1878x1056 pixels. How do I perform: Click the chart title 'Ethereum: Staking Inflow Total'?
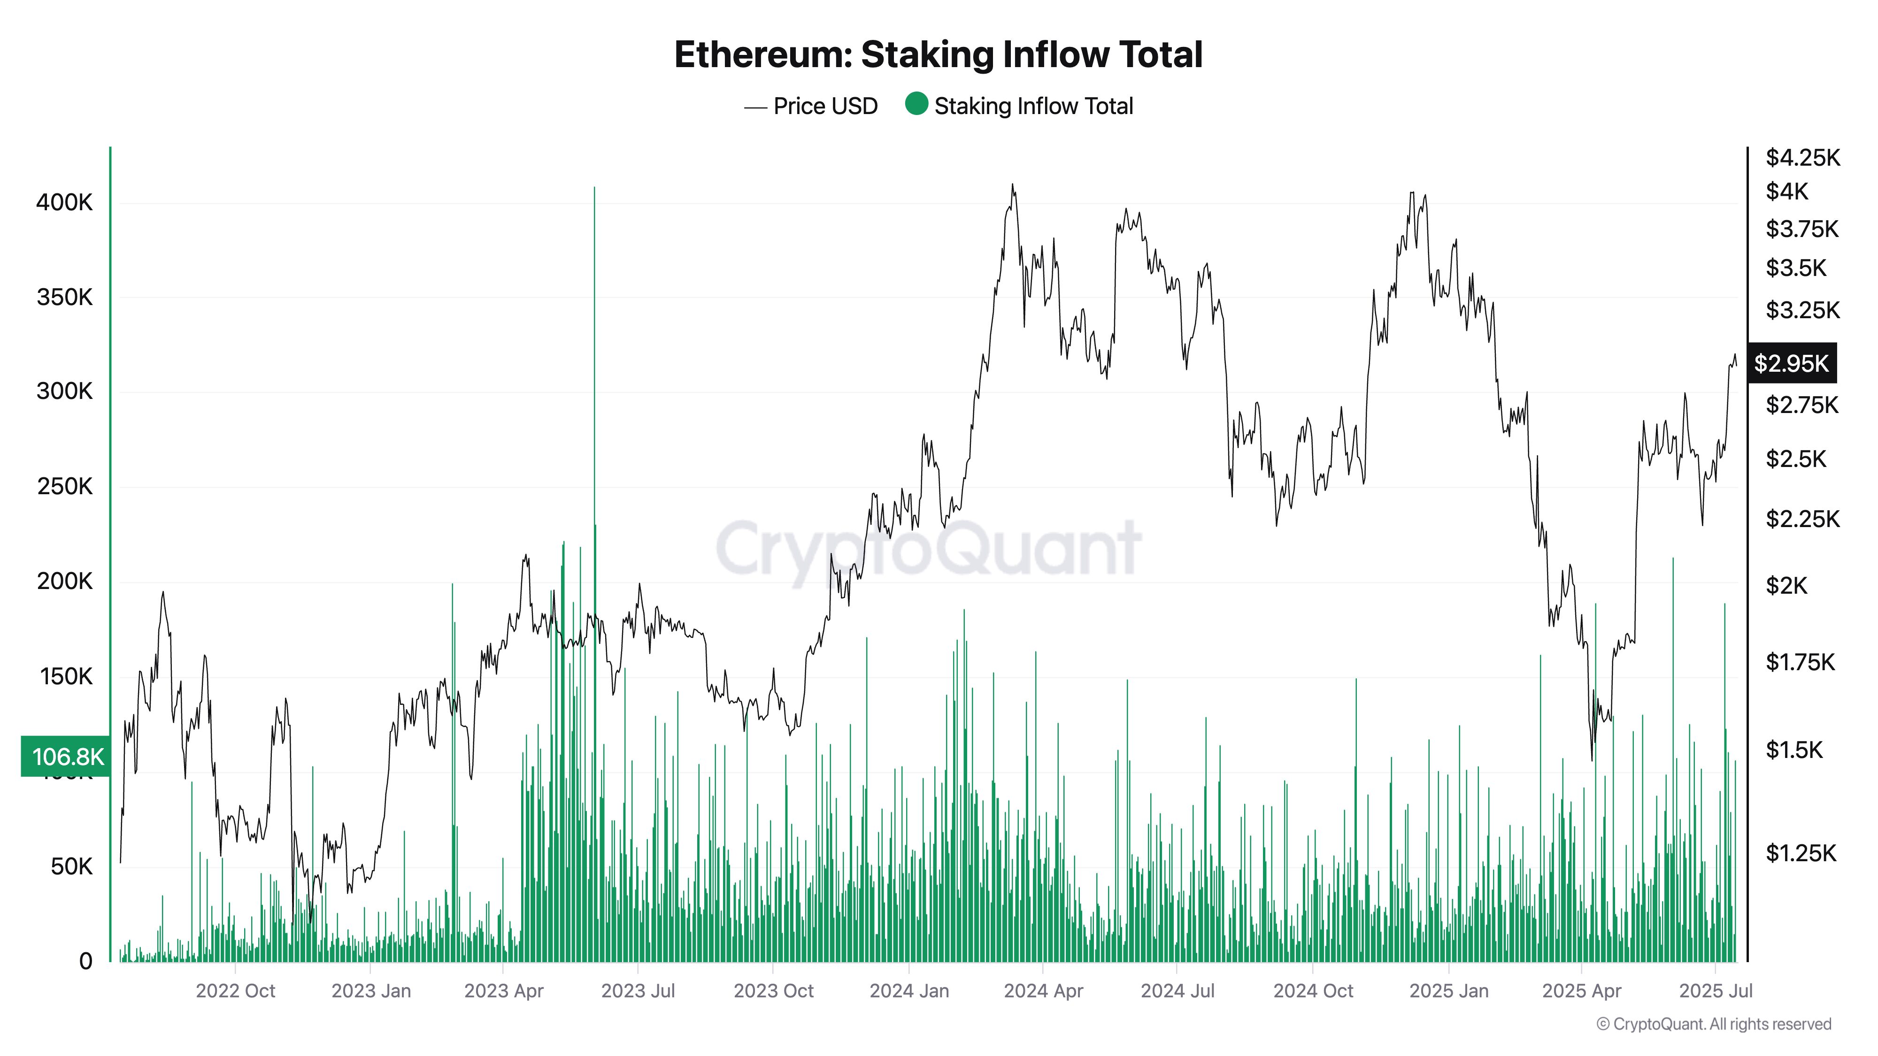938,54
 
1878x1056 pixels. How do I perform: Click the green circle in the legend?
916,104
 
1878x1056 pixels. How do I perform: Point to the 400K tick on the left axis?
65,203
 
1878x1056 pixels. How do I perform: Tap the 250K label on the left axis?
65,487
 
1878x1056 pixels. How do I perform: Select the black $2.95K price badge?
1791,363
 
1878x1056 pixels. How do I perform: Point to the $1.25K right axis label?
1801,853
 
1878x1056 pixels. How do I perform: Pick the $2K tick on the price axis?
1787,585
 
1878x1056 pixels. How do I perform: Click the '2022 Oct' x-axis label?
236,991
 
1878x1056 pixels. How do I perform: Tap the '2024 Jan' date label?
909,991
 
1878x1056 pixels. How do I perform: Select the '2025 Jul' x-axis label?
1716,991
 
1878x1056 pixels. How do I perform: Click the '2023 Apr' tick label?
504,991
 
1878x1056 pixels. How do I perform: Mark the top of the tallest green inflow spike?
594,189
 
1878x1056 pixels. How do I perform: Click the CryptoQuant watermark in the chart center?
927,548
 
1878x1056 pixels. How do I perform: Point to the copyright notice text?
1713,1024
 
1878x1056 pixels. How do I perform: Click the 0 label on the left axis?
85,961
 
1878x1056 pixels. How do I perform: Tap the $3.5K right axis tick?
1796,268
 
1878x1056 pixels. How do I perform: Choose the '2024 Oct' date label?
1312,991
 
